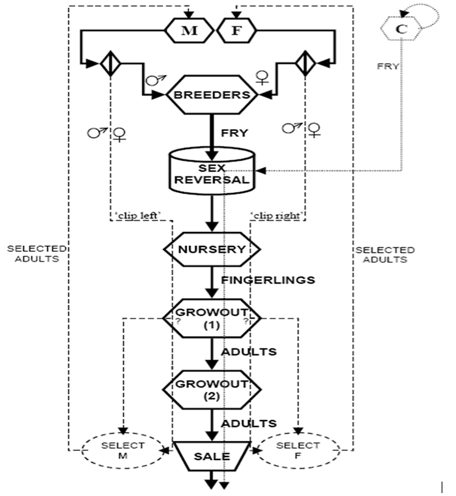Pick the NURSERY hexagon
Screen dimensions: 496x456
coord(212,249)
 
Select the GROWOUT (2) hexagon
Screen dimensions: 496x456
coord(212,389)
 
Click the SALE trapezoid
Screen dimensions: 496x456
coord(212,456)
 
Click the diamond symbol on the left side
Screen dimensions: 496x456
coord(108,63)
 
